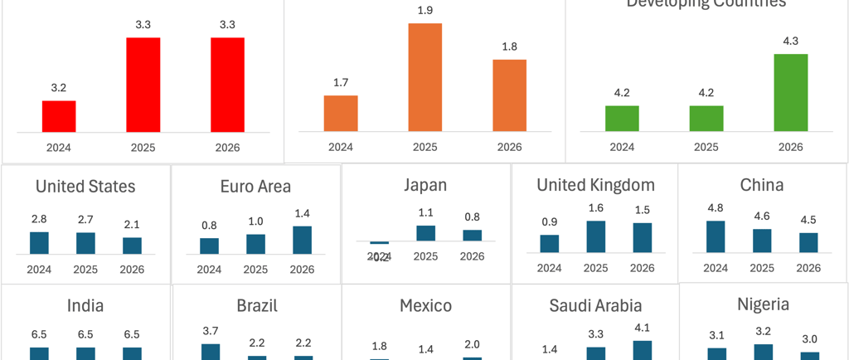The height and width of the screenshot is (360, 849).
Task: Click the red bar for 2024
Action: (59, 116)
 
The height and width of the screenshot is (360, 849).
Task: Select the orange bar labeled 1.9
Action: (424, 77)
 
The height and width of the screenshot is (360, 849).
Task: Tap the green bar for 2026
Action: (790, 92)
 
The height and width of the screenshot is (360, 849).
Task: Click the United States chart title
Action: (85, 187)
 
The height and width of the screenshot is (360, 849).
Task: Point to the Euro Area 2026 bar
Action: (302, 240)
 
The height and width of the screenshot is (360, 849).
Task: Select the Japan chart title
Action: (425, 185)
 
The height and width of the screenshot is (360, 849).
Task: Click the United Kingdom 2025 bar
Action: (595, 236)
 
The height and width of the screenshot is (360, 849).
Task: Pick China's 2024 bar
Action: (716, 236)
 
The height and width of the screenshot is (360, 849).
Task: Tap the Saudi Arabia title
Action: (595, 306)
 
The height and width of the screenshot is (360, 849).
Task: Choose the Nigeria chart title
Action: (764, 304)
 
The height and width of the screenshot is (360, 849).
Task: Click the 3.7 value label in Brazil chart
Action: (211, 331)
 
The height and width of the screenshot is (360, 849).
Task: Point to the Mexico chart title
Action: (425, 306)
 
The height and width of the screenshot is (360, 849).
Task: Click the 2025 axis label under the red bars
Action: (143, 148)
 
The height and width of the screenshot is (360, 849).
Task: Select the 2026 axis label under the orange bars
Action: (509, 148)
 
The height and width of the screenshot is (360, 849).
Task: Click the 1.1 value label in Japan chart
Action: (425, 212)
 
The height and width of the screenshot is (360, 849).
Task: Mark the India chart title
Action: (85, 306)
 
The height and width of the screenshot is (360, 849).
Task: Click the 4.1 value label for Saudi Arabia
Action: (642, 327)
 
